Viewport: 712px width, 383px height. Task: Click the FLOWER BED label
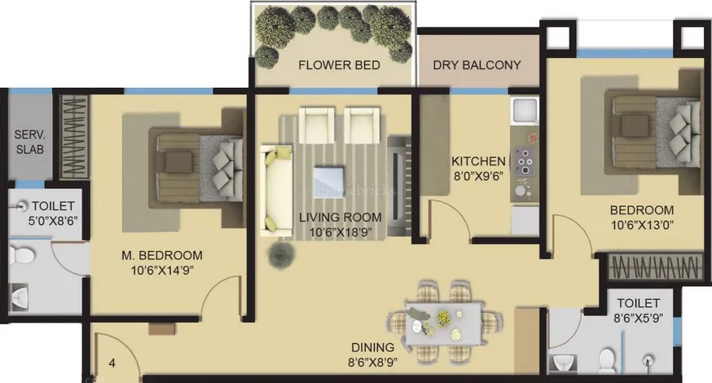click(339, 65)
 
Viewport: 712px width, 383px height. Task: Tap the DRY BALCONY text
click(477, 65)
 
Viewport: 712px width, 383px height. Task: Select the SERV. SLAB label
click(30, 142)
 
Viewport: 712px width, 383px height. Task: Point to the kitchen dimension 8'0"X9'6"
click(478, 176)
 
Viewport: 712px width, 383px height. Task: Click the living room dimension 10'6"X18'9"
click(341, 232)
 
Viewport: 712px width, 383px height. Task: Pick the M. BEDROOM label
click(161, 255)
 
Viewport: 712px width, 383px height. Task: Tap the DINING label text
click(372, 348)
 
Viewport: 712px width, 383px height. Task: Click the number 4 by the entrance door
click(112, 363)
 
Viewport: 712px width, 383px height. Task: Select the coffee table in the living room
click(329, 183)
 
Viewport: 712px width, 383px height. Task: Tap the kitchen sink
click(525, 110)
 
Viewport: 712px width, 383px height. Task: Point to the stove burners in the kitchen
click(525, 161)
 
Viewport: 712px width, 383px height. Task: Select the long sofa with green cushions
click(276, 191)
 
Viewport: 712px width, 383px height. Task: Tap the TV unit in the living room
click(400, 185)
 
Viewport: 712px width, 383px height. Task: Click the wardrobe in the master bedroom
click(74, 136)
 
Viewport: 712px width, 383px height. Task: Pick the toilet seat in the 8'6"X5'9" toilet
click(607, 360)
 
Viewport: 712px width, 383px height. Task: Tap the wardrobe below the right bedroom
click(654, 266)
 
